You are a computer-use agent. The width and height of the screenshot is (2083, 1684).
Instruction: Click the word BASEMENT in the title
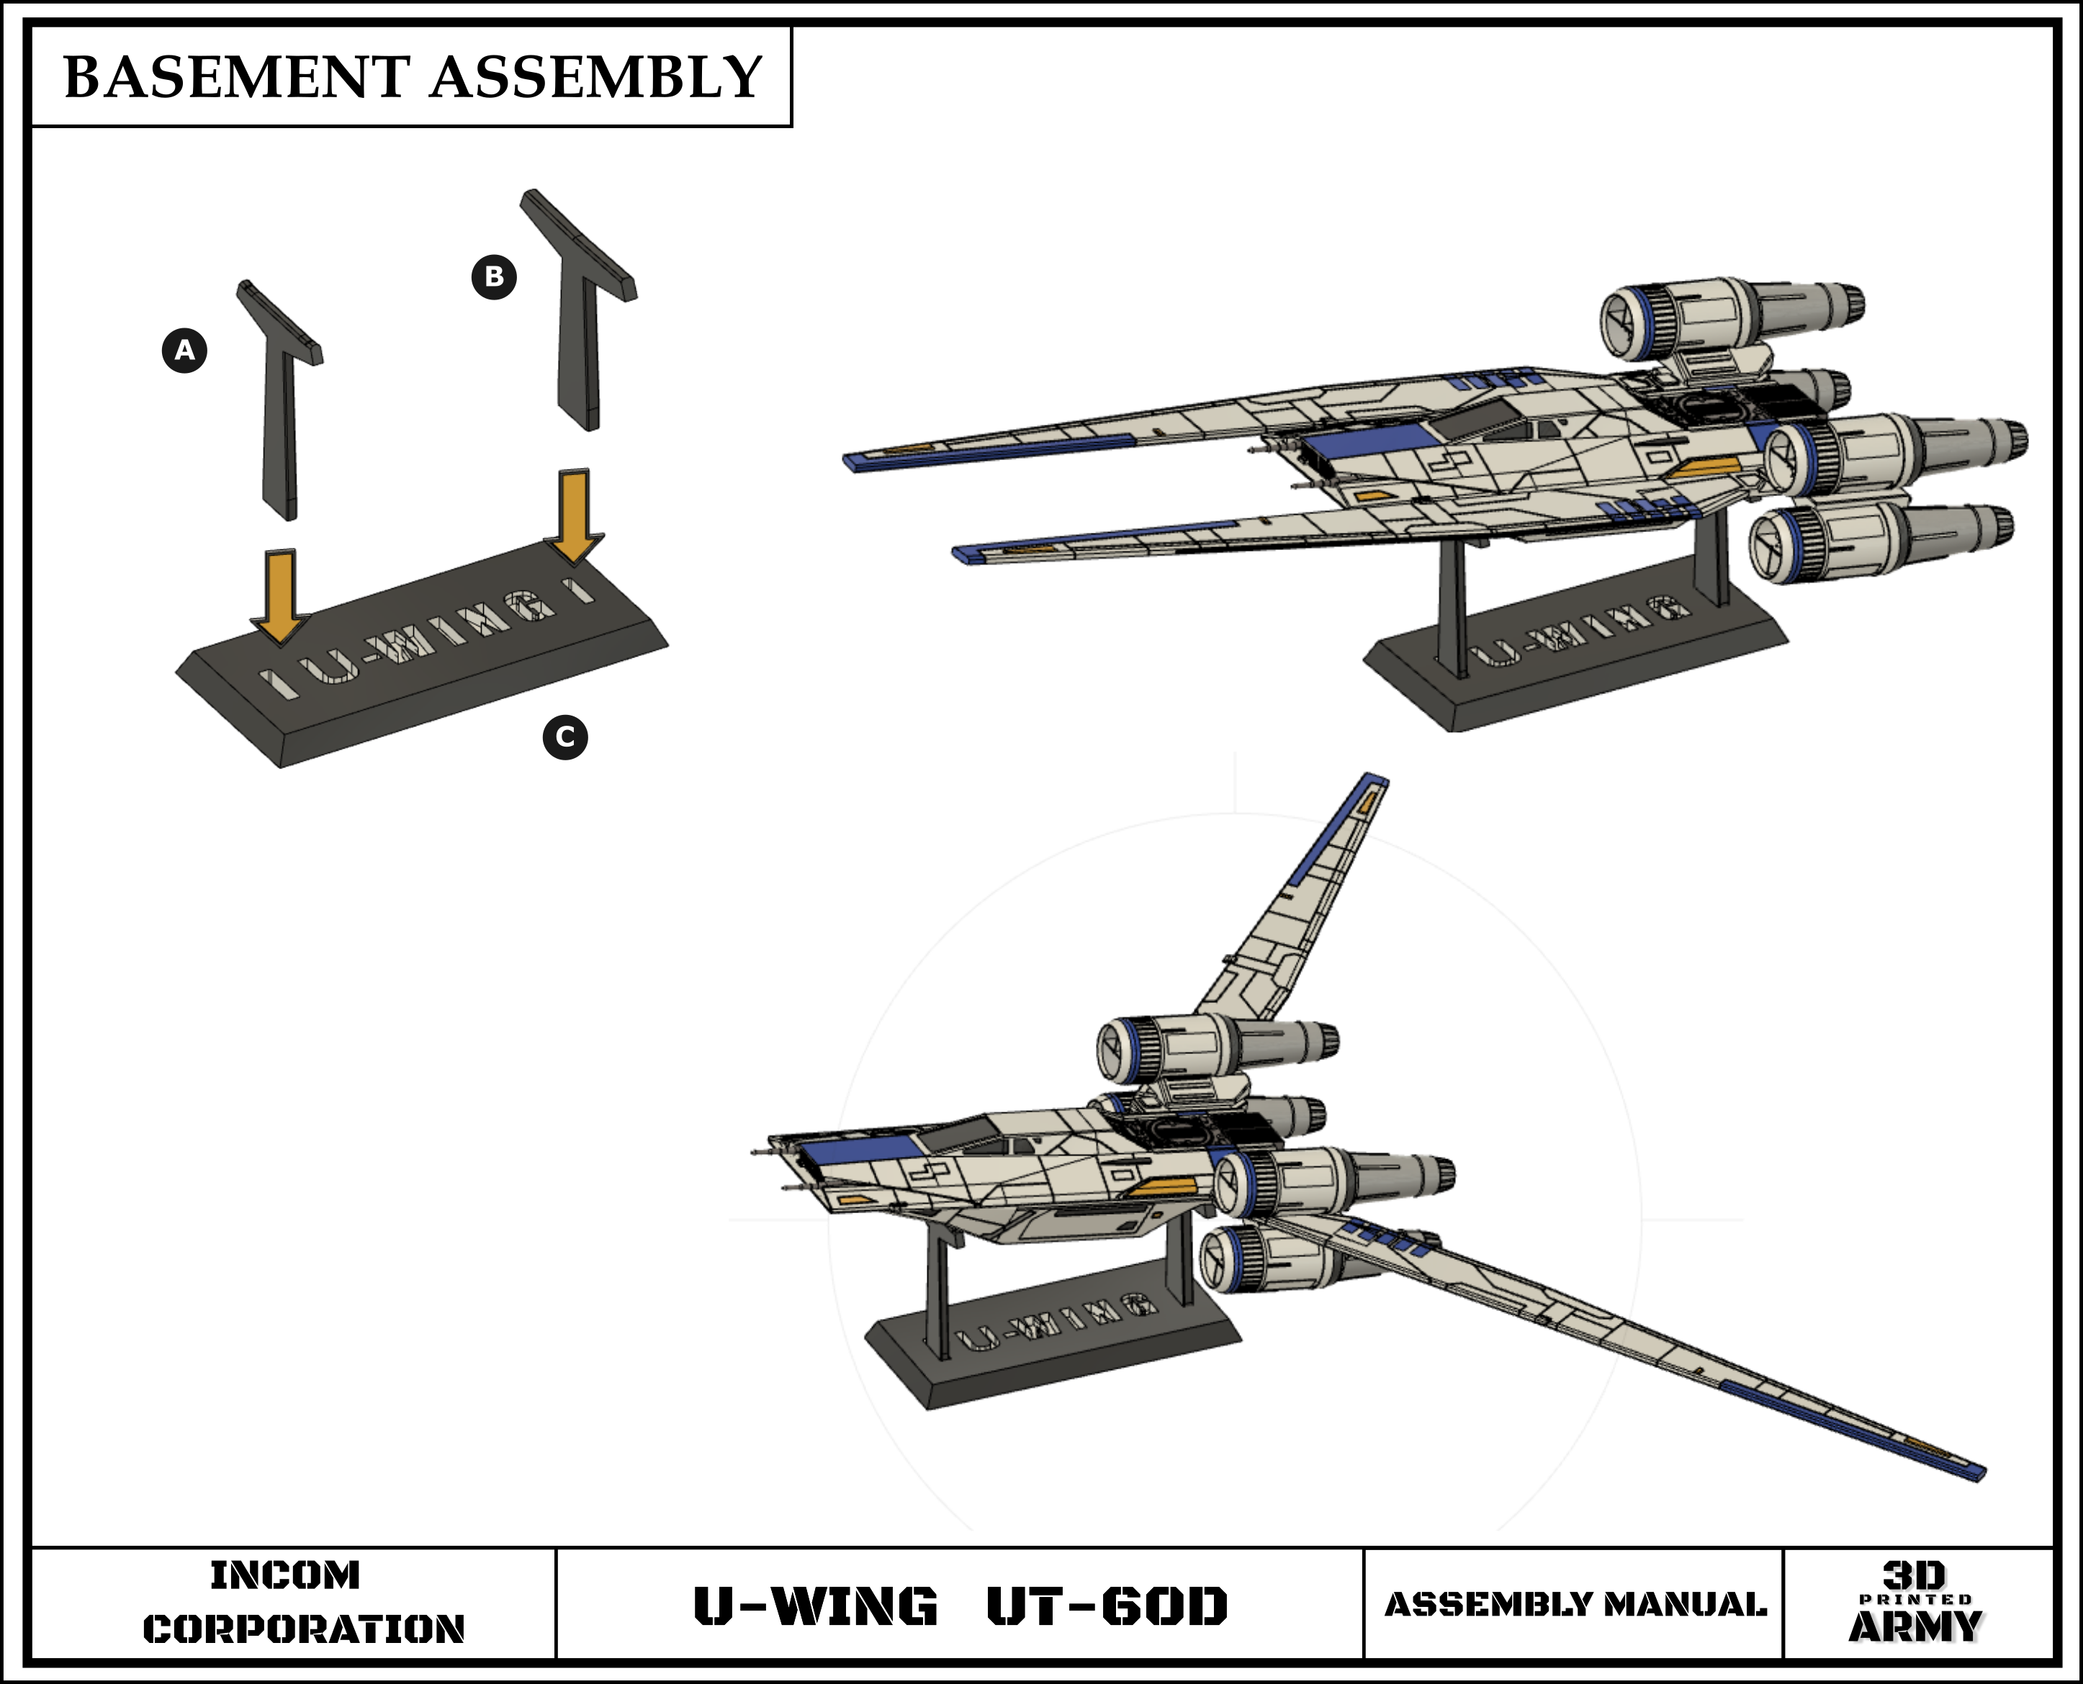click(x=235, y=78)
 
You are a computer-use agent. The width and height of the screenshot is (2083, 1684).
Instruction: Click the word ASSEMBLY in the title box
click(x=595, y=78)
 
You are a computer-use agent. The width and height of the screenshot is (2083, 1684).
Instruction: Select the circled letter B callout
click(x=494, y=276)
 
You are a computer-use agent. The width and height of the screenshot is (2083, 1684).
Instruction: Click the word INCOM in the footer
click(x=285, y=1575)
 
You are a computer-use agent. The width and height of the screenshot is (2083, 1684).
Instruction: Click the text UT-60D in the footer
click(x=1107, y=1606)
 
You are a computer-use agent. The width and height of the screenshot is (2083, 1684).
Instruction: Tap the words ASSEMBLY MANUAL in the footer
click(x=1575, y=1606)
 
